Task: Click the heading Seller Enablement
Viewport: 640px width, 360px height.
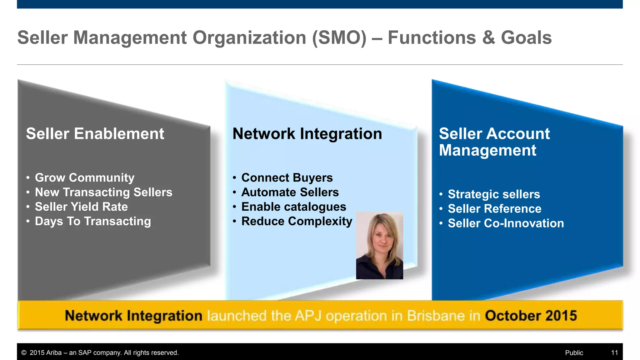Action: pyautogui.click(x=95, y=134)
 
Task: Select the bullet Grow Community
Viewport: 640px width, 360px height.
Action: pyautogui.click(x=84, y=177)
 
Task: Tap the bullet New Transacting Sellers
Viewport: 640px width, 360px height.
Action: pyautogui.click(x=103, y=192)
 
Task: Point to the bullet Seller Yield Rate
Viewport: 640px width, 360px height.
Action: pyautogui.click(x=81, y=207)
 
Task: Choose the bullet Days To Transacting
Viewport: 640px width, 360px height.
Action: pyautogui.click(x=93, y=221)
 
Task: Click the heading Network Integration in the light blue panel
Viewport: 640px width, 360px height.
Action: pyautogui.click(x=307, y=134)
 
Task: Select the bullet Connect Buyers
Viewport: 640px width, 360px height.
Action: pyautogui.click(x=287, y=177)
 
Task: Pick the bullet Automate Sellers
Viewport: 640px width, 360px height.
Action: pyautogui.click(x=290, y=192)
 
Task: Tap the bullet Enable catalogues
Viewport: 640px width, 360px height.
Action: pyautogui.click(x=294, y=207)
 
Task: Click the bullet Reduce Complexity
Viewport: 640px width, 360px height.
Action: pyautogui.click(x=297, y=221)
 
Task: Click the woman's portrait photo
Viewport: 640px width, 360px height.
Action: pyautogui.click(x=379, y=245)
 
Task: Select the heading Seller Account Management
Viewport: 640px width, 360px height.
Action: pyautogui.click(x=494, y=142)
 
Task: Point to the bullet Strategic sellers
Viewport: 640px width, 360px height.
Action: pyautogui.click(x=494, y=194)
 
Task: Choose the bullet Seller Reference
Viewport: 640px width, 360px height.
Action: pyautogui.click(x=494, y=209)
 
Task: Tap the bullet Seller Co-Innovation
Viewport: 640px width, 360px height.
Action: pyautogui.click(x=506, y=223)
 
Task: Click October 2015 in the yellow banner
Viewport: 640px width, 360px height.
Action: pyautogui.click(x=531, y=316)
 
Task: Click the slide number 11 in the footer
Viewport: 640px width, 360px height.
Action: pyautogui.click(x=614, y=353)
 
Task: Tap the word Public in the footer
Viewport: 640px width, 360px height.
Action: pyautogui.click(x=574, y=353)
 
